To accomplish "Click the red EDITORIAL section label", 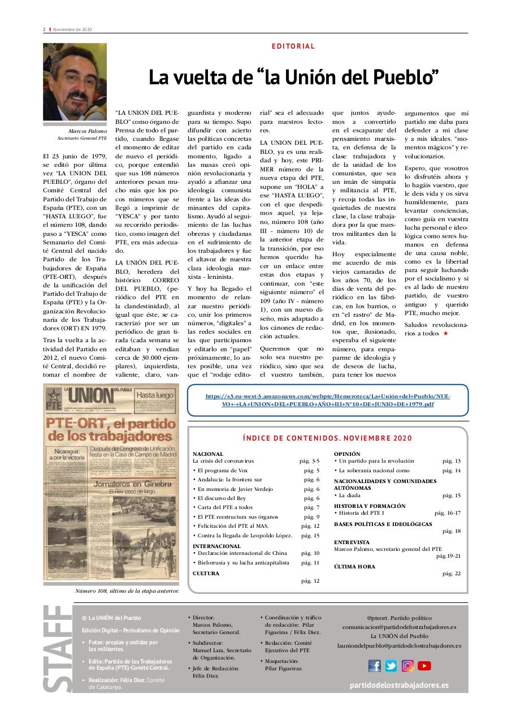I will coord(293,46).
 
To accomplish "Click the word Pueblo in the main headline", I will coord(403,77).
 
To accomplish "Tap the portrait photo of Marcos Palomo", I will coord(75,82).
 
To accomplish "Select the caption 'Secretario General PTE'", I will coord(82,138).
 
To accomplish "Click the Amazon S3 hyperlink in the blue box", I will coord(328,400).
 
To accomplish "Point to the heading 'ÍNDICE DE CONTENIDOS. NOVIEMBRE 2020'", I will coord(327,438).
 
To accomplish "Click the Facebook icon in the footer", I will coord(375,666).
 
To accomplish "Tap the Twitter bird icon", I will coord(391,666).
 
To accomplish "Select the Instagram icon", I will coord(407,666).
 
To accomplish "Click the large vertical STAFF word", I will coord(57,648).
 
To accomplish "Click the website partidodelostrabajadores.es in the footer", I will coord(399,685).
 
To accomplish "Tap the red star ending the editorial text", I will coord(445,334).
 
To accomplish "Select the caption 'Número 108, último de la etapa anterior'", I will coord(127,591).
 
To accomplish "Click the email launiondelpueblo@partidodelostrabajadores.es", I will coord(399,645).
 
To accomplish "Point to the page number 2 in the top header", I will coord(44,29).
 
